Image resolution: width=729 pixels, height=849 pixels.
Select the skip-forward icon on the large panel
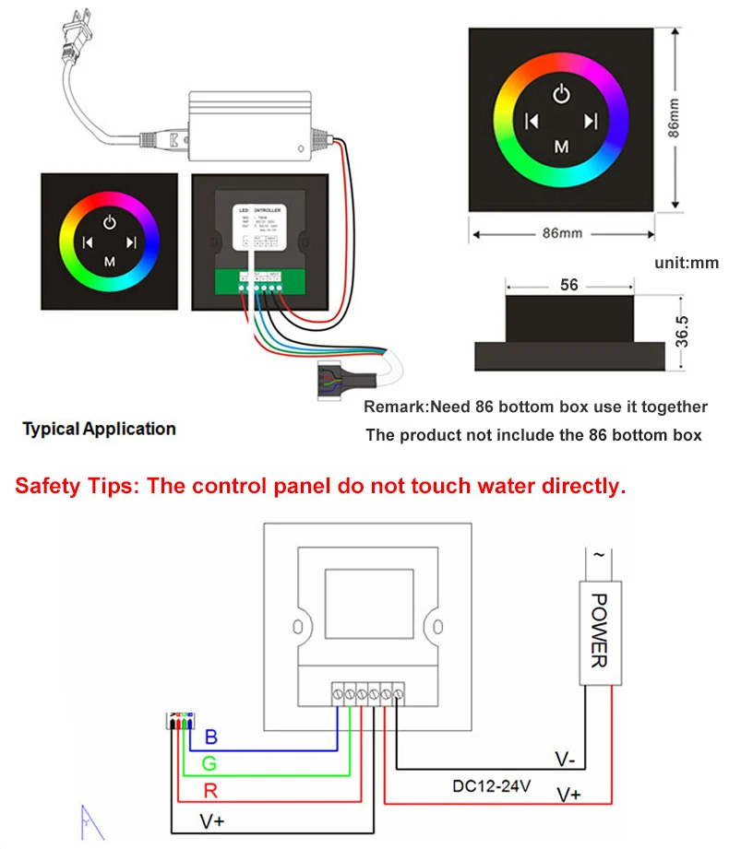click(x=592, y=120)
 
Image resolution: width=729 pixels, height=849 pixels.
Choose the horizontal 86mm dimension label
click(x=562, y=233)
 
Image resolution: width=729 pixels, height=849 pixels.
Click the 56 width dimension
click(x=569, y=285)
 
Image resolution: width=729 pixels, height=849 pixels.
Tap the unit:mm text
click(x=687, y=263)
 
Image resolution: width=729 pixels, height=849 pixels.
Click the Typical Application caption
click(x=99, y=429)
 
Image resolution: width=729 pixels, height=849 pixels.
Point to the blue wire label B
click(x=211, y=737)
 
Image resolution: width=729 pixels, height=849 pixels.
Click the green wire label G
click(x=211, y=764)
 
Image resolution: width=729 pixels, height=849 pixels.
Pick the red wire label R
click(x=211, y=791)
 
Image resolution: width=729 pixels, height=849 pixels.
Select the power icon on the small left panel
click(x=110, y=221)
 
